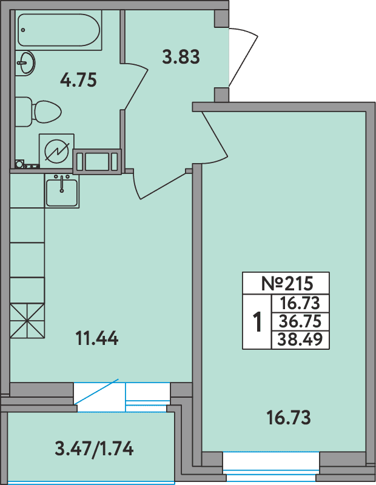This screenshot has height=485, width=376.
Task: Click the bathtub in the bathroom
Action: click(x=59, y=30)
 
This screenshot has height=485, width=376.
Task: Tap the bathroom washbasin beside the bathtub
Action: click(x=25, y=63)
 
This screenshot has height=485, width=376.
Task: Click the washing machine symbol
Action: click(x=56, y=150)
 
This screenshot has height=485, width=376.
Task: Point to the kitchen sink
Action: click(x=61, y=192)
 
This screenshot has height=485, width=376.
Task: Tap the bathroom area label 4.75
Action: click(x=79, y=80)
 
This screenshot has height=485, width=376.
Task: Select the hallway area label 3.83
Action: click(x=181, y=58)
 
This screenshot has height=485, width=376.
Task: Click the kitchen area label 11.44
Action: click(x=96, y=338)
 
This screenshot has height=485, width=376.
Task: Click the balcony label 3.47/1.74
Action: click(x=94, y=449)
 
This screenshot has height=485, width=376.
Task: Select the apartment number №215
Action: click(x=286, y=284)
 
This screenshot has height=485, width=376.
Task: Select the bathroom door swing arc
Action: click(x=136, y=85)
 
